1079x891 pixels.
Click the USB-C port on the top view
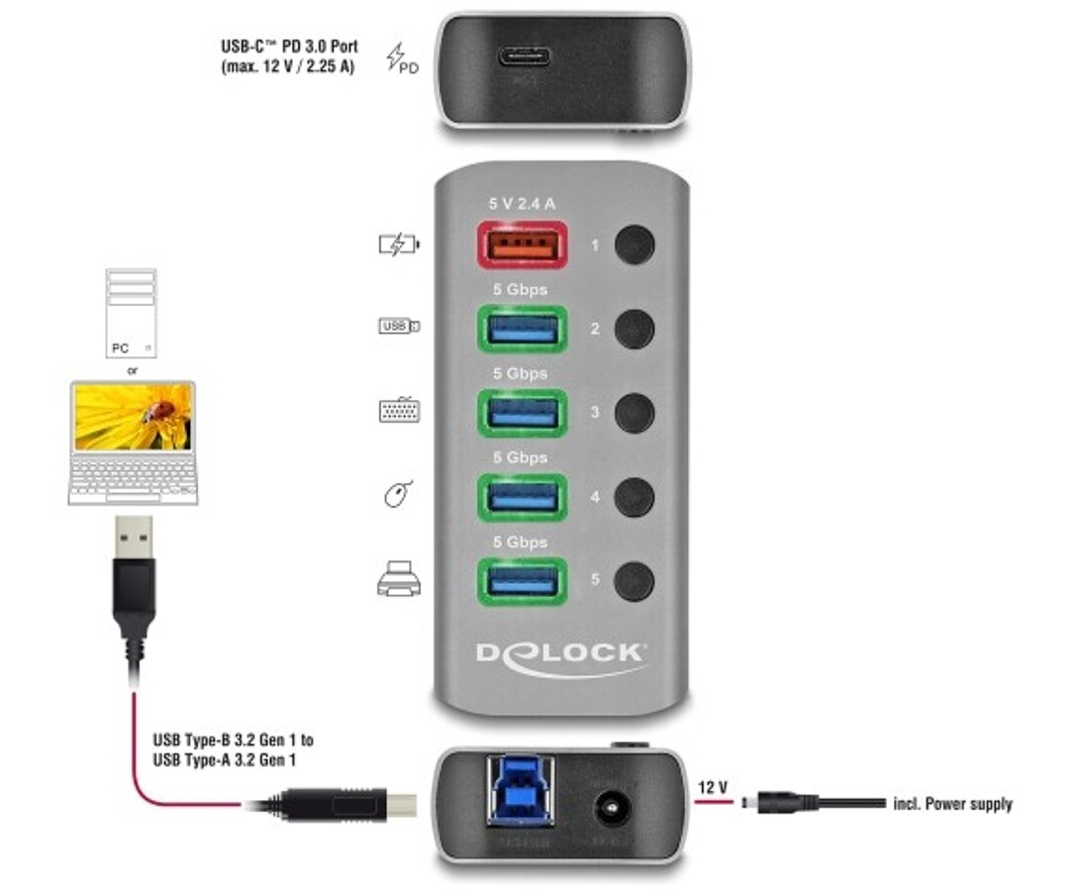coord(525,55)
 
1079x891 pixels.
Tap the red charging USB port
coord(523,245)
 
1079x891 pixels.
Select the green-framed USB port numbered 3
coord(523,413)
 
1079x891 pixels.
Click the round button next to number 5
coord(634,581)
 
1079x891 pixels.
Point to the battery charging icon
coord(399,245)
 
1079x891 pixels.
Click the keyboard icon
coord(399,410)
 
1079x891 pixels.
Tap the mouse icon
coord(398,493)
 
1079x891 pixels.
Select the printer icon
coord(398,578)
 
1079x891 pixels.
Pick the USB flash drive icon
coord(399,326)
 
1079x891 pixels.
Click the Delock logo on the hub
coord(561,658)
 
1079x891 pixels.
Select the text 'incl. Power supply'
coord(953,804)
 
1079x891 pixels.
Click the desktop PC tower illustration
coord(132,314)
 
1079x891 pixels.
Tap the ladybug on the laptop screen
coord(159,412)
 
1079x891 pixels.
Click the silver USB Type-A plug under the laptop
coord(134,537)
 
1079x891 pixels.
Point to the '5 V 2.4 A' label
coord(522,204)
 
